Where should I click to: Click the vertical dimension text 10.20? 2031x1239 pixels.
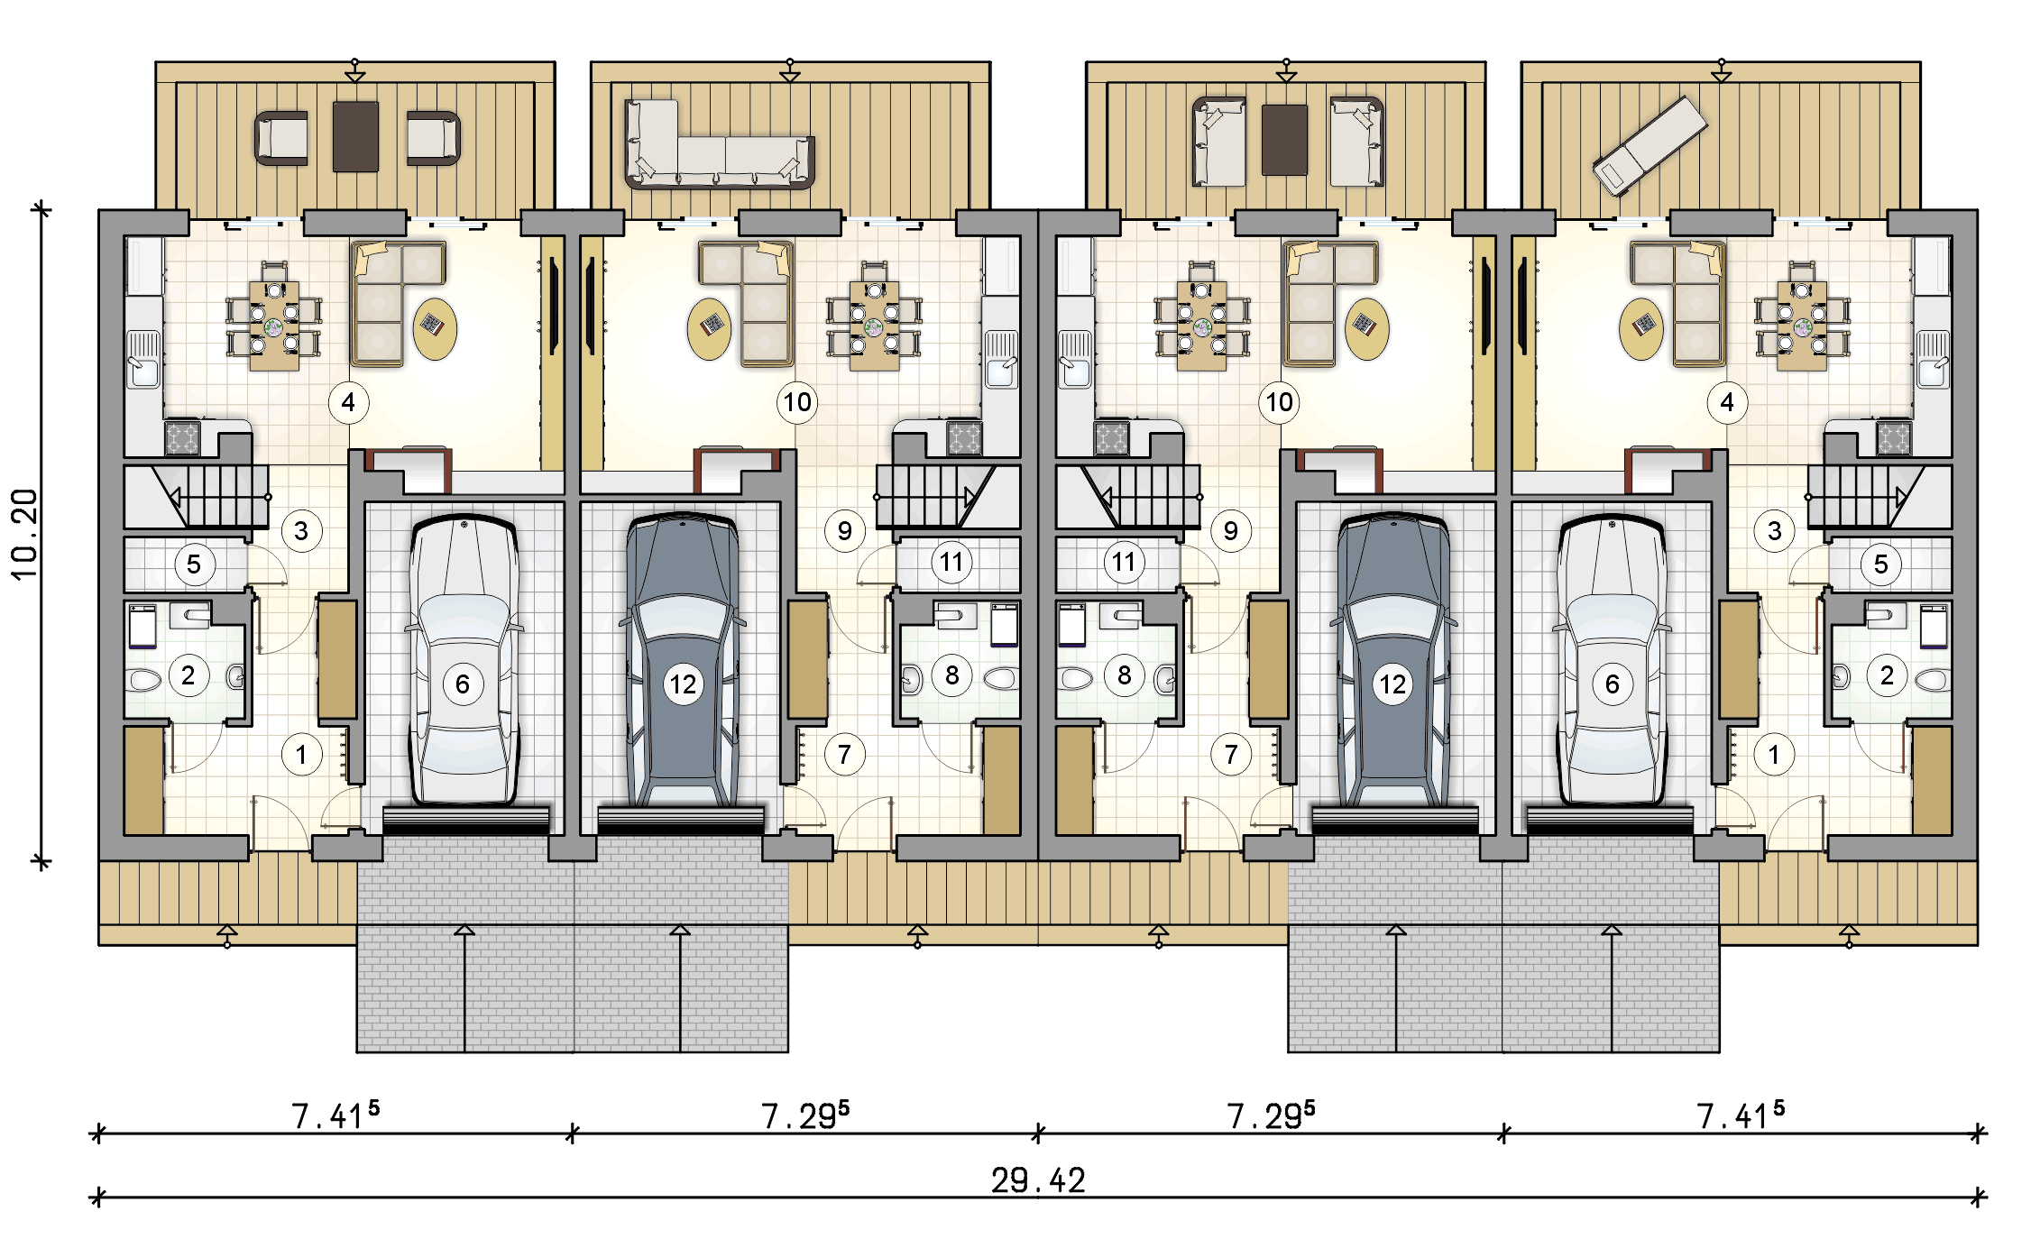click(24, 534)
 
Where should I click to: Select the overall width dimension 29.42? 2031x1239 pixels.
click(1038, 1180)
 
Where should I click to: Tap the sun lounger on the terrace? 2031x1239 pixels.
click(1650, 145)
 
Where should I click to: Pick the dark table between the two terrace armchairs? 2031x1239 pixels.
click(355, 136)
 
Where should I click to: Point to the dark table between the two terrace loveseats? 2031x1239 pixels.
click(1284, 140)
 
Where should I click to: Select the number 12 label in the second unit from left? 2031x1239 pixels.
click(683, 684)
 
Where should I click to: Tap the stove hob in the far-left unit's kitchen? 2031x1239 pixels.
click(182, 438)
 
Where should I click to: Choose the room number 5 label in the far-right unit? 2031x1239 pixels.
click(1880, 564)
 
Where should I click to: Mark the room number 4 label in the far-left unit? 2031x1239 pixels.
click(348, 402)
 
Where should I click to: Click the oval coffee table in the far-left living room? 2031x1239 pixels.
click(435, 329)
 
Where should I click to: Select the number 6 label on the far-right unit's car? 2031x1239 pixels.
click(1612, 684)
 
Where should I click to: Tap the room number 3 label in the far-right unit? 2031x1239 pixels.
click(1774, 531)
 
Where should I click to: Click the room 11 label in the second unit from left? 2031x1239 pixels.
click(951, 563)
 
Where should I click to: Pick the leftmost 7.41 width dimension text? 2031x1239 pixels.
click(335, 1115)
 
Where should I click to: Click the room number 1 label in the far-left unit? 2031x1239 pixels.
click(301, 755)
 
